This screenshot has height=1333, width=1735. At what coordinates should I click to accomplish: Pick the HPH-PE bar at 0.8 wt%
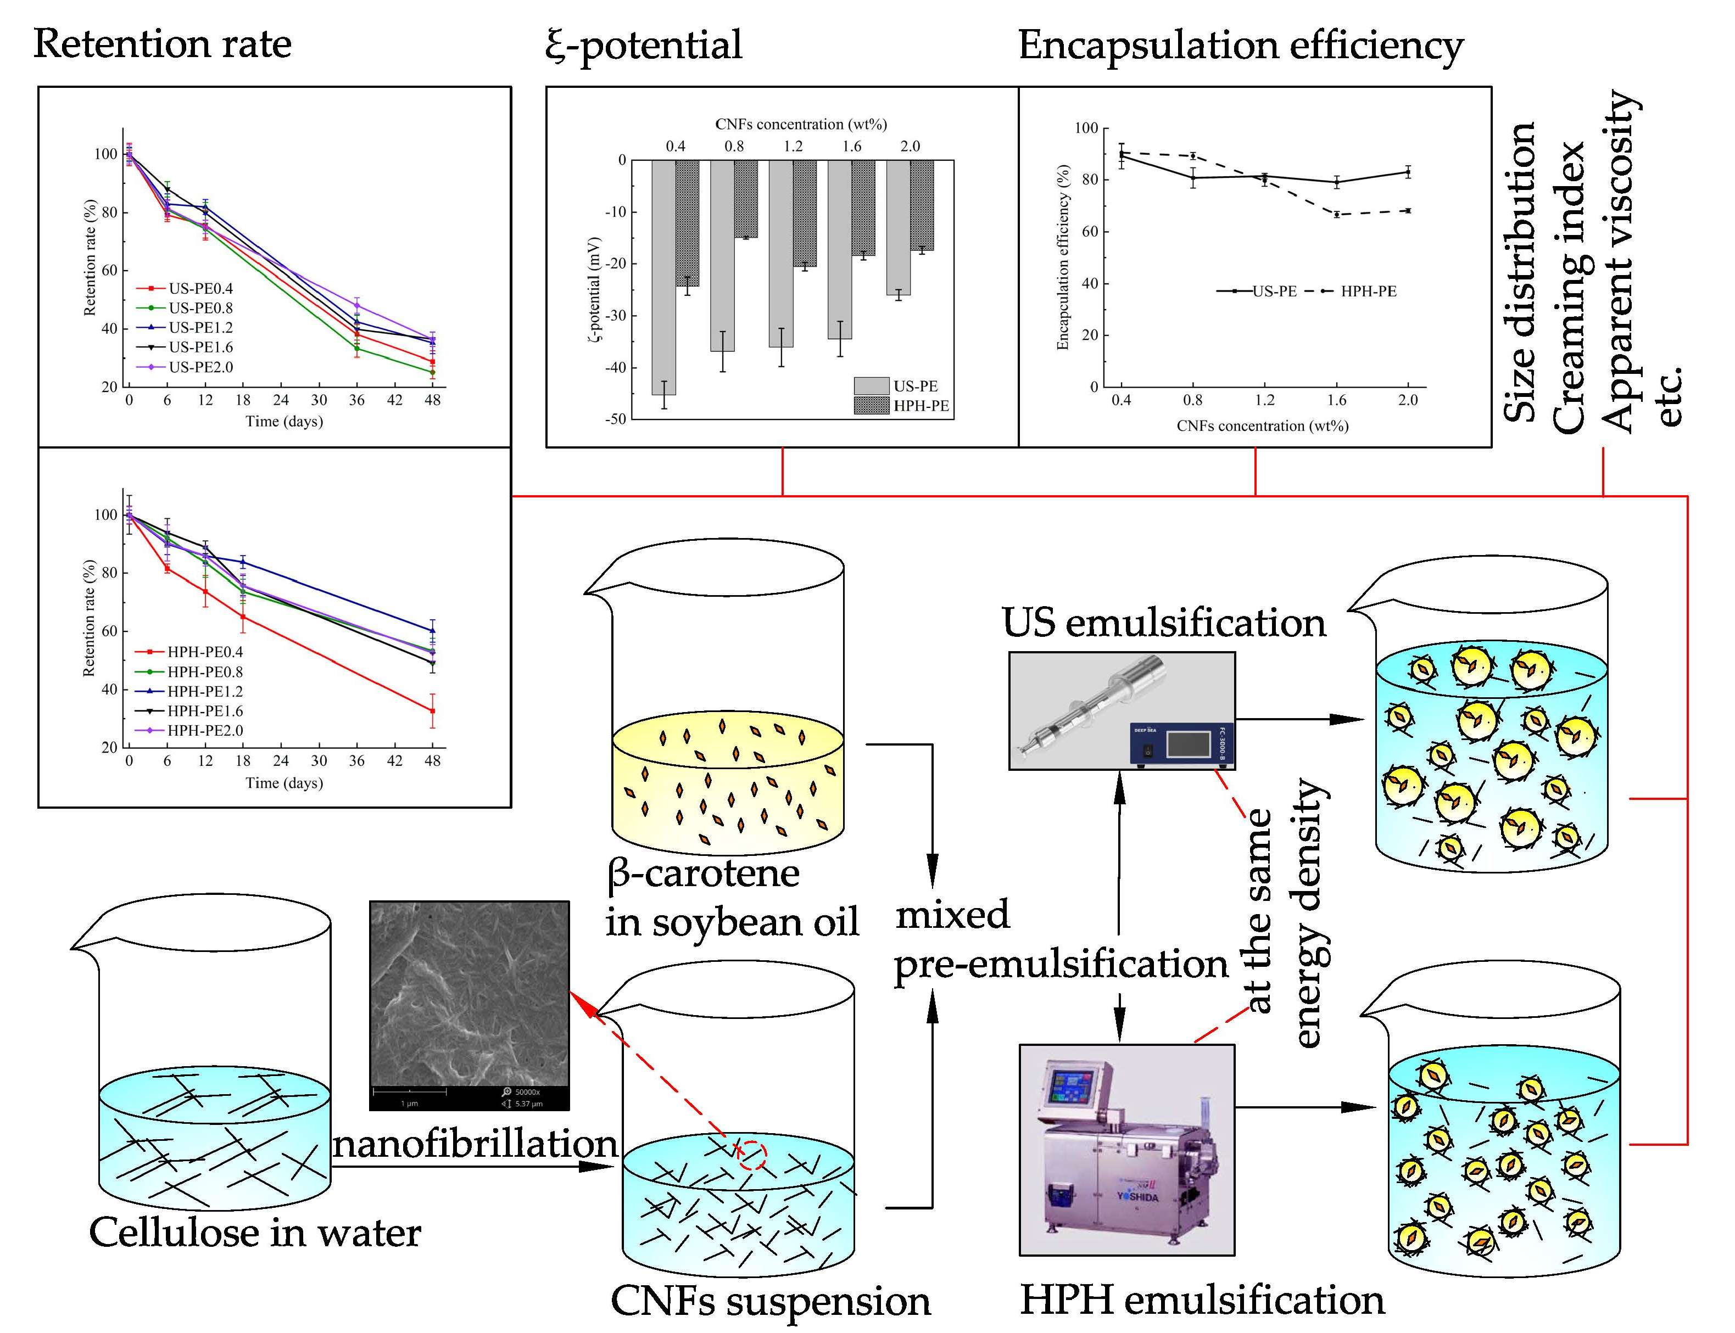(x=745, y=198)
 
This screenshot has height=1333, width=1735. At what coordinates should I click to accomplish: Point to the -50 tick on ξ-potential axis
(x=616, y=419)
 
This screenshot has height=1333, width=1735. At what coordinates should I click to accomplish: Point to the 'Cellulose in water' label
(x=255, y=1232)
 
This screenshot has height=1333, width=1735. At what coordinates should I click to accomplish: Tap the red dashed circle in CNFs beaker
(x=752, y=1155)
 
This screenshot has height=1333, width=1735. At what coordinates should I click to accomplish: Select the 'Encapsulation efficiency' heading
(x=1241, y=45)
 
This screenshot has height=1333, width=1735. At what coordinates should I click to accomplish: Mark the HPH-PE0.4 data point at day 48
(x=433, y=711)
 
